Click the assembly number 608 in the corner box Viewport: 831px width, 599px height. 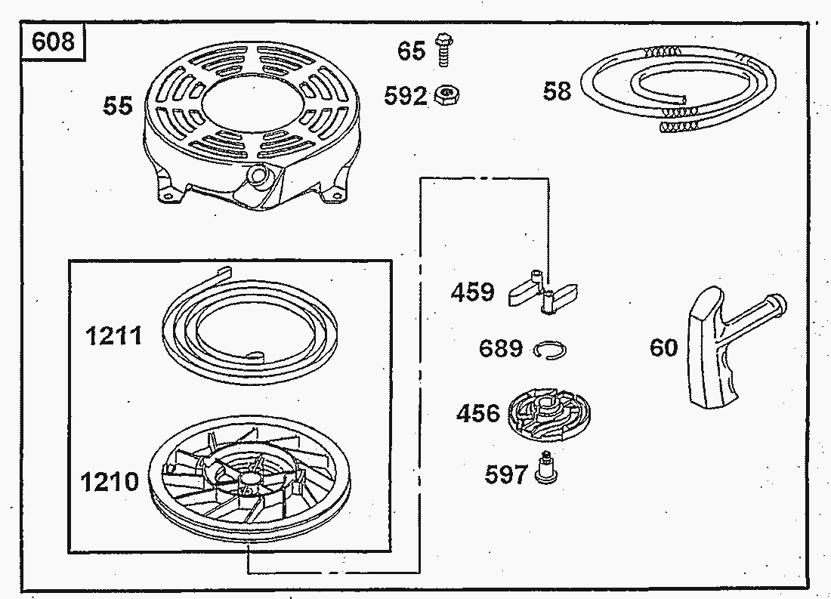[x=53, y=42]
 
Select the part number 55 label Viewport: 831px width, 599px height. [x=117, y=106]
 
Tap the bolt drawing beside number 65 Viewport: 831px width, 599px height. [x=443, y=50]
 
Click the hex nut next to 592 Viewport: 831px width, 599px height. [x=446, y=96]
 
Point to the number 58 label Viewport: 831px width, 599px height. [x=557, y=91]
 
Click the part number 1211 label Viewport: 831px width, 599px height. [x=113, y=336]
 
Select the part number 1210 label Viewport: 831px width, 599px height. [x=110, y=482]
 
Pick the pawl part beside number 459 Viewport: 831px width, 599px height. [x=543, y=291]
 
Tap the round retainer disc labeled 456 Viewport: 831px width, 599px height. [x=548, y=417]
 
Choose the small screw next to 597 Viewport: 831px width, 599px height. [x=545, y=468]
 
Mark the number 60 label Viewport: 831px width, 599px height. [x=663, y=347]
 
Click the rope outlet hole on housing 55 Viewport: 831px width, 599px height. [x=258, y=174]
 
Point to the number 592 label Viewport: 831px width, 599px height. [x=406, y=97]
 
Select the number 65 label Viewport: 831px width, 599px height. [x=411, y=51]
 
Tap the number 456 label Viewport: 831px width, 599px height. [x=478, y=413]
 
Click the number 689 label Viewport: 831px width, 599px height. [x=501, y=349]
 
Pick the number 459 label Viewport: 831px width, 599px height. [x=473, y=292]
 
